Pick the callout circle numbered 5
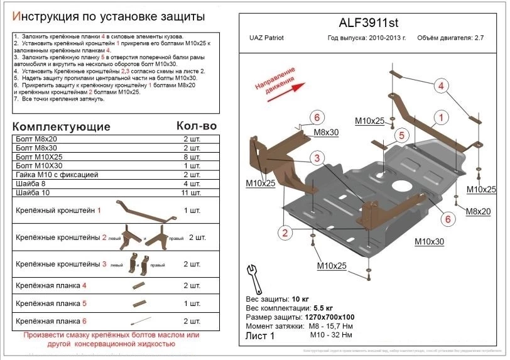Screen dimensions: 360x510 399,135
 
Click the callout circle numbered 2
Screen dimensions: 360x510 285,234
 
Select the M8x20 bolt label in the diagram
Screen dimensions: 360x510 478,212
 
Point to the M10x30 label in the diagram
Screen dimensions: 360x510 429,242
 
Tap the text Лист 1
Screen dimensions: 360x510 261,336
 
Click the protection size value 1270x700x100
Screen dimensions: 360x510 328,317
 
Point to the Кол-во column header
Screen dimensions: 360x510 196,126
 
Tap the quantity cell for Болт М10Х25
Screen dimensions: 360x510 191,157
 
